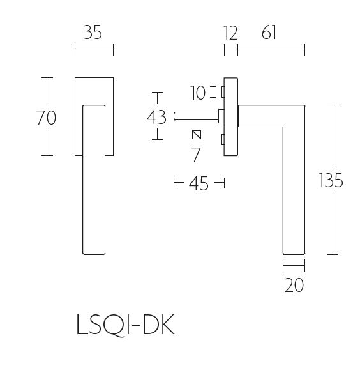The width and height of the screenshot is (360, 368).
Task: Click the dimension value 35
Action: [x=93, y=32]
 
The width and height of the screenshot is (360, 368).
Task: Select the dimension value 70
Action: [x=47, y=117]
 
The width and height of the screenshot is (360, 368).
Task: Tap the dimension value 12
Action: [x=230, y=32]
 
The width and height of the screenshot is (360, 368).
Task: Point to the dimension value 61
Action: [x=269, y=32]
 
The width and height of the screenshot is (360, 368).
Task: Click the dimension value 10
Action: [x=199, y=93]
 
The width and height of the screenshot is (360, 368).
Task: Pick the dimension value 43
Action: [x=156, y=117]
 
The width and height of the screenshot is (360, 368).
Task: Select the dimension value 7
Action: [x=196, y=154]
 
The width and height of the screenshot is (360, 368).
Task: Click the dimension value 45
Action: [x=199, y=184]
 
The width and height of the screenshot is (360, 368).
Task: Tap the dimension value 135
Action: [x=331, y=181]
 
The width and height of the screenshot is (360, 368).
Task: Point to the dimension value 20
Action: [x=294, y=284]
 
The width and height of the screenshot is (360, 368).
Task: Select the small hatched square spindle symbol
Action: [x=197, y=135]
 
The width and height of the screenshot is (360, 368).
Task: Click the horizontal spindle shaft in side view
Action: [x=195, y=117]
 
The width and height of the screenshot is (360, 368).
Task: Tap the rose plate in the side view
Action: [x=230, y=117]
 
